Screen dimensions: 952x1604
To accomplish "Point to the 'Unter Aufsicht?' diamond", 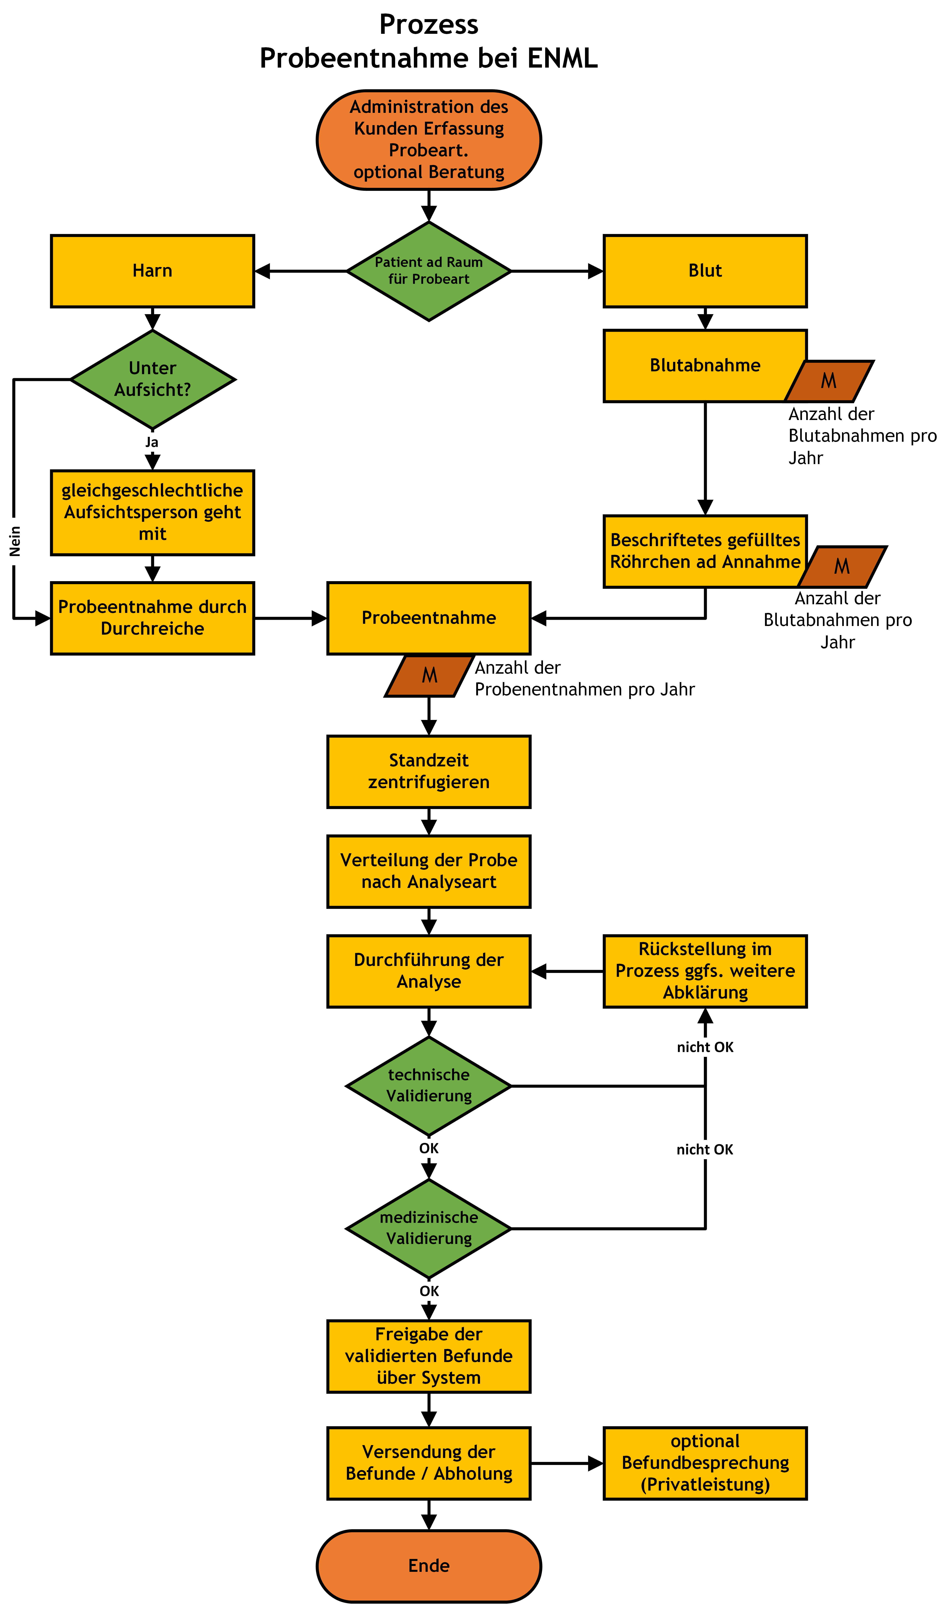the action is (153, 379).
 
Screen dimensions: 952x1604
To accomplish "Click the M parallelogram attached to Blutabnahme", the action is (829, 381).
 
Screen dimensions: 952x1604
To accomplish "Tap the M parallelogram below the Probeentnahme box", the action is (429, 676).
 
